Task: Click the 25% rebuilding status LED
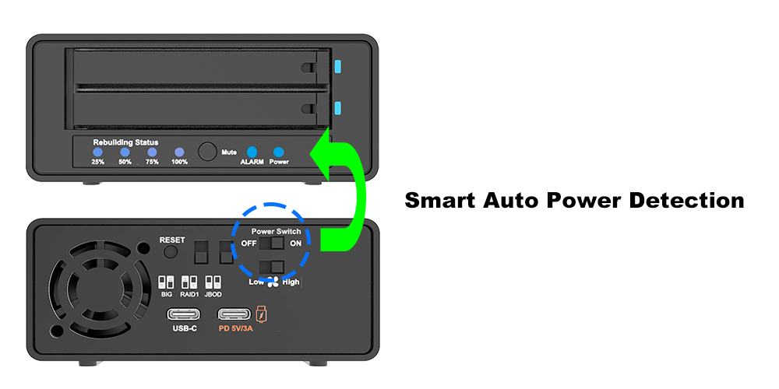[97, 152]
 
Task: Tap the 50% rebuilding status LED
[125, 152]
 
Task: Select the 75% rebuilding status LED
[152, 152]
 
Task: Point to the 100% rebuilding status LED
[179, 152]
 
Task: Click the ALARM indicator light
[252, 152]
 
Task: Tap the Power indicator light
[278, 152]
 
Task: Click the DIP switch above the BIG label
[166, 281]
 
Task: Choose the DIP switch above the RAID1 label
[189, 281]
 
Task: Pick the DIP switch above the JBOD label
[211, 281]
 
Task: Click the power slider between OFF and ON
[272, 244]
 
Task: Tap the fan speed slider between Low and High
[272, 267]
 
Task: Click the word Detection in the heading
[686, 200]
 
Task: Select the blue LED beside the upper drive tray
[337, 67]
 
